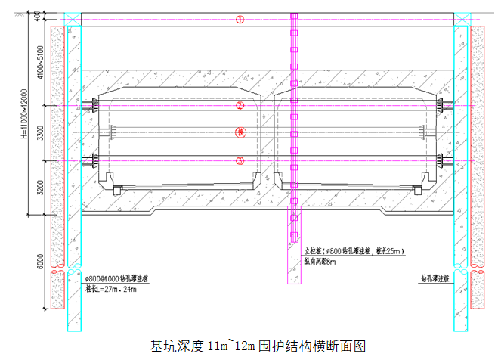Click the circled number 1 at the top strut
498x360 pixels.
(x=240, y=20)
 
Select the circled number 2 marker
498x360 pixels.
(x=240, y=105)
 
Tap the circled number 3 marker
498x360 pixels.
(x=240, y=160)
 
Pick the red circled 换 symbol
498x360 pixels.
(x=240, y=132)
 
